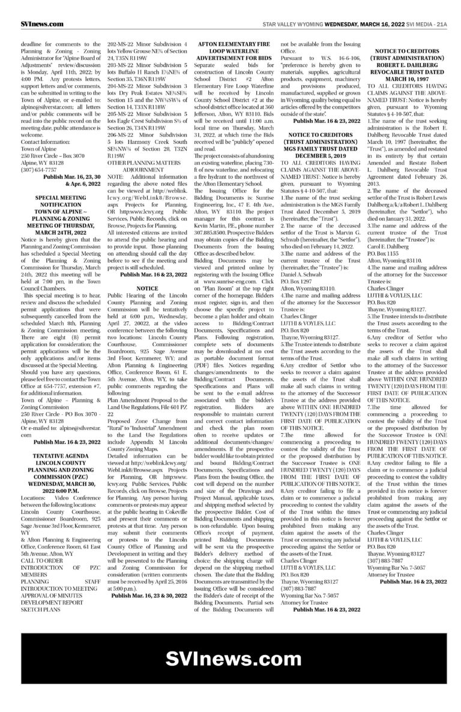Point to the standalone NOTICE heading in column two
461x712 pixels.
tap(147, 289)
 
